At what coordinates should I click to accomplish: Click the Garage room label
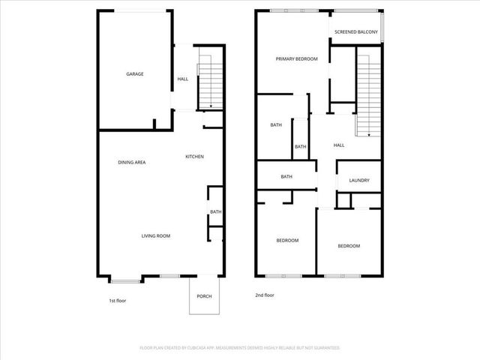point(135,73)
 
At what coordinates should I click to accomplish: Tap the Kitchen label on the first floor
point(195,156)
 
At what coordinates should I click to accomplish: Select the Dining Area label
point(131,162)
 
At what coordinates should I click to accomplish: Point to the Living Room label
point(156,235)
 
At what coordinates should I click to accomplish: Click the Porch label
point(204,296)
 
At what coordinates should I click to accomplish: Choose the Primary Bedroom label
point(296,58)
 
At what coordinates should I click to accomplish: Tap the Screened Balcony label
point(356,32)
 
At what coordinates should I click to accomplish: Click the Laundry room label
point(359,181)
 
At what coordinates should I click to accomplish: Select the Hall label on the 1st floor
point(183,79)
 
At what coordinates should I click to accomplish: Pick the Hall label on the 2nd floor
point(339,145)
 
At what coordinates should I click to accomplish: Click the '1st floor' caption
point(118,300)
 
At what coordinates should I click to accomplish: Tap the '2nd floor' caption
point(265,295)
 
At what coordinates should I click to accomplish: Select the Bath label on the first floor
point(215,212)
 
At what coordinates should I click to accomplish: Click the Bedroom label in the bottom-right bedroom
point(348,246)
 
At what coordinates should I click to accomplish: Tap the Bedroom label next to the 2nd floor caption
point(287,240)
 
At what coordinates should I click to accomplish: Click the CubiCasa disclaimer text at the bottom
point(240,348)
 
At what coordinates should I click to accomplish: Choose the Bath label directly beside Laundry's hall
point(300,146)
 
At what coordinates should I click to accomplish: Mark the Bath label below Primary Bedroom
point(276,124)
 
